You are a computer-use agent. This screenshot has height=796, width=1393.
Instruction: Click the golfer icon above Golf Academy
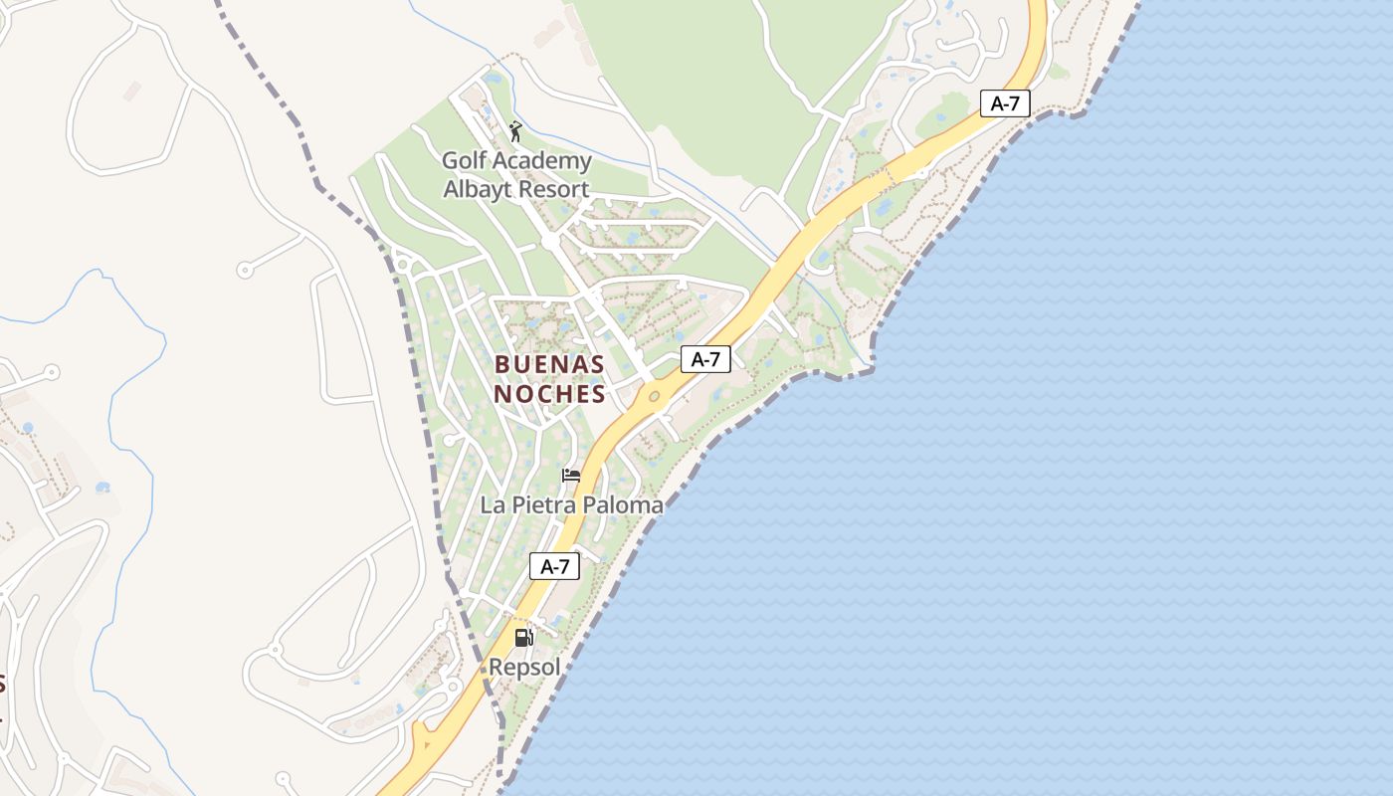515,131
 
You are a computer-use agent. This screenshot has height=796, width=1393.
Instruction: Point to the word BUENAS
549,365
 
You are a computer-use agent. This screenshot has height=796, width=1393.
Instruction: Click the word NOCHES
549,394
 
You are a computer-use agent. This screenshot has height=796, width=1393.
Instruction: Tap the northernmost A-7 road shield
1004,103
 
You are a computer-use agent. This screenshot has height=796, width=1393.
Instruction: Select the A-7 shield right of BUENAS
705,359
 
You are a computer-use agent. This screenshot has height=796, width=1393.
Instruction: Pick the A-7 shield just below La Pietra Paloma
554,566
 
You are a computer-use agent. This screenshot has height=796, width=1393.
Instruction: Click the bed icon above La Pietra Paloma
571,476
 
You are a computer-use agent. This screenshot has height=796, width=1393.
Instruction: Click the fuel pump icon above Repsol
523,638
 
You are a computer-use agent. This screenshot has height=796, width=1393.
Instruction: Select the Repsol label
524,667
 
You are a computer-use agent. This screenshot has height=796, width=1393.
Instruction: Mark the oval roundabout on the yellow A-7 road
654,397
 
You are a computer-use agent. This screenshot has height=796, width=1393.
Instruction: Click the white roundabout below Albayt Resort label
549,242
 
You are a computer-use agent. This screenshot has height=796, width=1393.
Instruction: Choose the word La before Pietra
493,505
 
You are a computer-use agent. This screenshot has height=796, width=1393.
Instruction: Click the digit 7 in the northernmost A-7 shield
1016,103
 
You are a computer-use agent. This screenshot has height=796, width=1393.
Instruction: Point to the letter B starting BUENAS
501,365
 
